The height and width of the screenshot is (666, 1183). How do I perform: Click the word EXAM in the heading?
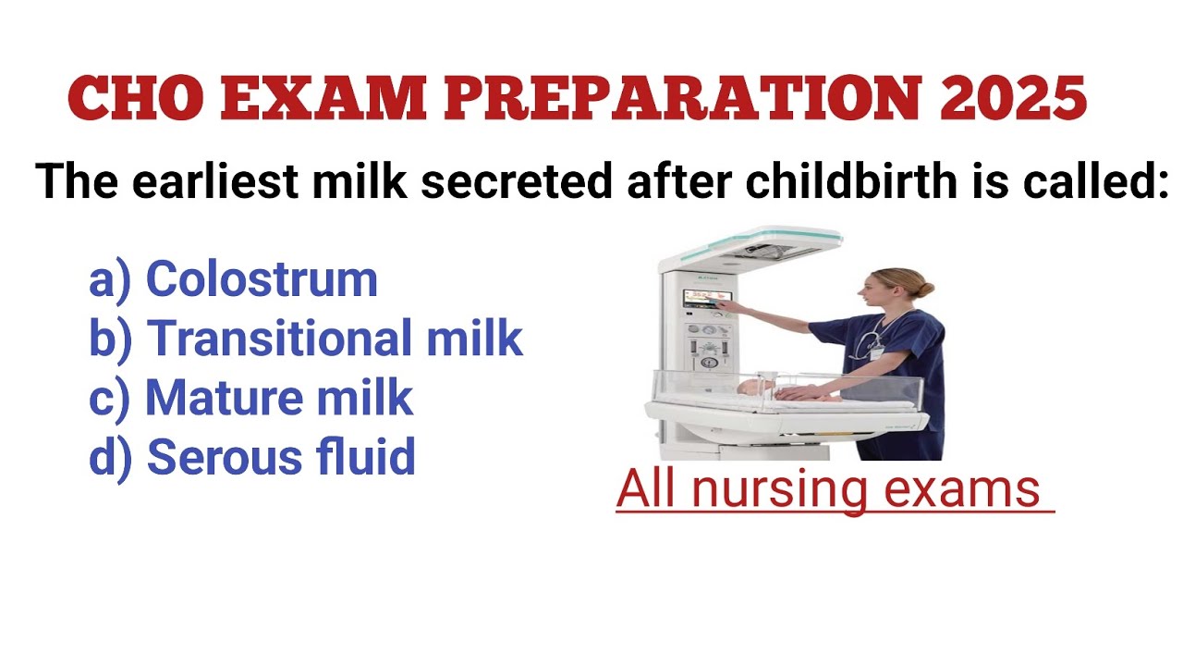[x=324, y=98]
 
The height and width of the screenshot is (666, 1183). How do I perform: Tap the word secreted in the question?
[x=517, y=182]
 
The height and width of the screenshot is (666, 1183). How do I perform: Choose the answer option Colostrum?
[x=262, y=279]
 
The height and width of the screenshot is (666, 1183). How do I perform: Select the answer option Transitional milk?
[x=335, y=339]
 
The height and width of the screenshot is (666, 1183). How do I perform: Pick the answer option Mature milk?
[x=278, y=398]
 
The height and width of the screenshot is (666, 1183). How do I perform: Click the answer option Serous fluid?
[x=281, y=457]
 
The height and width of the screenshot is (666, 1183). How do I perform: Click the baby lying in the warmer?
[x=758, y=388]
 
